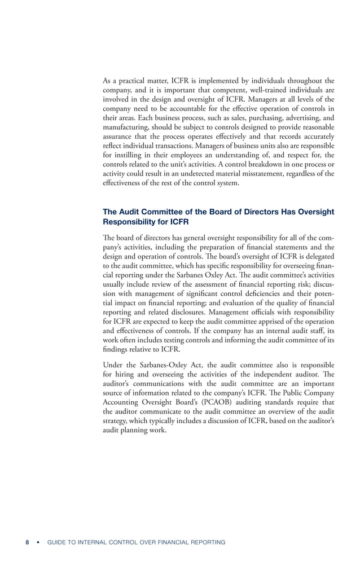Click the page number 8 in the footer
click(x=27, y=542)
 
